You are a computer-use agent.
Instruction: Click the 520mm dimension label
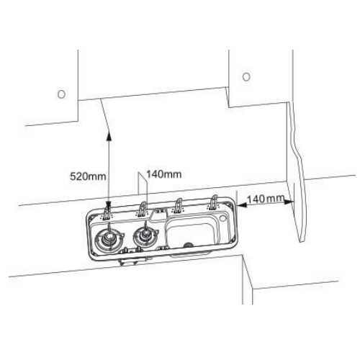point(88,176)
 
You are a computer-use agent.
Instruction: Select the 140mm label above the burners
point(164,174)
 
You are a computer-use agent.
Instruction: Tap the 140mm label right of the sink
point(266,199)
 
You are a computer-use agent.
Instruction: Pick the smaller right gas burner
point(145,235)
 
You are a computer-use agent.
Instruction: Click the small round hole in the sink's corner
point(222,218)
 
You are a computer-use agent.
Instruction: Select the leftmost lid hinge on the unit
point(107,212)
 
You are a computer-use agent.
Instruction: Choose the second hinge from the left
point(142,208)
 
